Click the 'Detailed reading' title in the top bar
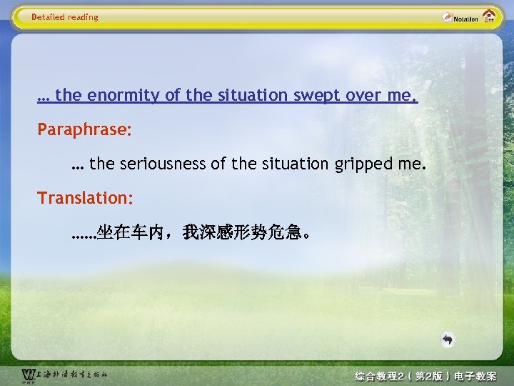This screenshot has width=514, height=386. (65, 17)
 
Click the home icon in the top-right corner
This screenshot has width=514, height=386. (490, 16)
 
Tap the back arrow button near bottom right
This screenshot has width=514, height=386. (447, 340)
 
